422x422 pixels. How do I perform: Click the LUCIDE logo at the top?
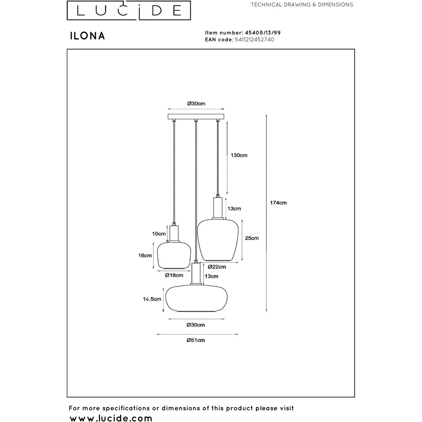tap(129, 10)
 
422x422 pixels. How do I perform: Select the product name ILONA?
tap(87, 36)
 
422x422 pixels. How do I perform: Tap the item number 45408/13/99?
tap(263, 33)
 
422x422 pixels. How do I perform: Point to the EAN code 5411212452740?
tap(254, 39)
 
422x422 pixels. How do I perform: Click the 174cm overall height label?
tap(278, 203)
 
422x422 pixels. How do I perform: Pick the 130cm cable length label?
tap(239, 155)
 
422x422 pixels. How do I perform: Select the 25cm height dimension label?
tap(252, 238)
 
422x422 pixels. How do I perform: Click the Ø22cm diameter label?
tap(217, 267)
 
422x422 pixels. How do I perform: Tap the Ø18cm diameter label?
tap(174, 275)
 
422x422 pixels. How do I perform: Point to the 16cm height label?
tap(145, 255)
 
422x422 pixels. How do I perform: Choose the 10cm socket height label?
tap(159, 234)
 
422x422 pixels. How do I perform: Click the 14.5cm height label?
tap(152, 299)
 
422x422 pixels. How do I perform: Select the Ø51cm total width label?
tap(196, 340)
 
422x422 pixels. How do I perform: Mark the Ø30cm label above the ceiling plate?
tap(196, 103)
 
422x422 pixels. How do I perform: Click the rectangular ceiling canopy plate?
tap(196, 116)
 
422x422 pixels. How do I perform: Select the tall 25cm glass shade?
tap(218, 240)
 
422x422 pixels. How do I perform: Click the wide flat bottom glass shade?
tap(197, 298)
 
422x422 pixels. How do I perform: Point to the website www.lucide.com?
tap(111, 418)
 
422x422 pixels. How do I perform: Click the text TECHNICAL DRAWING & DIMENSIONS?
tap(302, 5)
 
